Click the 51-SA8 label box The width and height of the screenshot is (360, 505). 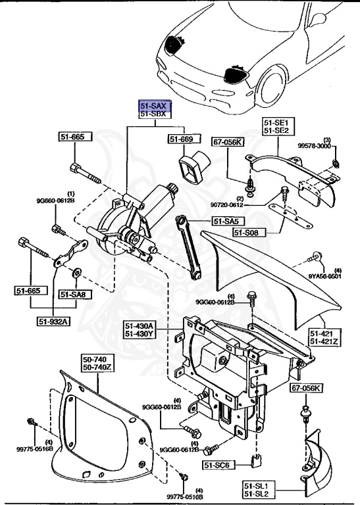pos(76,294)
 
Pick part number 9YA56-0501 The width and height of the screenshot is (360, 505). pos(326,276)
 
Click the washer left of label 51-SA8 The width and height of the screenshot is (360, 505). pos(77,270)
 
